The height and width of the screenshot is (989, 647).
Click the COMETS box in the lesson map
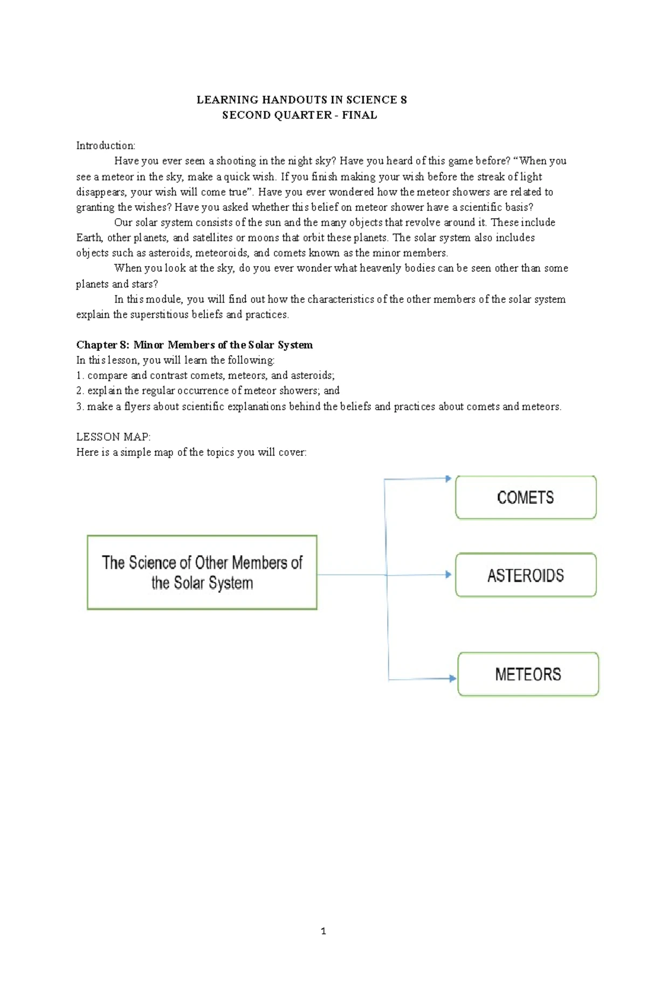click(x=526, y=497)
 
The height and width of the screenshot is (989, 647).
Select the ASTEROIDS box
click(x=526, y=575)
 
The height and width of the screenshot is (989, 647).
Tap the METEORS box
click(x=528, y=674)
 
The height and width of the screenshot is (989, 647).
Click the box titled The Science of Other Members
click(x=202, y=572)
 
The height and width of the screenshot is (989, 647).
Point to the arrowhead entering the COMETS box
click(x=448, y=478)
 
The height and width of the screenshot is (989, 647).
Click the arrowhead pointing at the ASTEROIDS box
click(x=448, y=575)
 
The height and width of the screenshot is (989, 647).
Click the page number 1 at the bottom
click(x=323, y=931)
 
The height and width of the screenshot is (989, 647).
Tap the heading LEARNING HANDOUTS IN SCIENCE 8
click(x=301, y=100)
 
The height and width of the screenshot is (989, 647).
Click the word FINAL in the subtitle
click(x=359, y=115)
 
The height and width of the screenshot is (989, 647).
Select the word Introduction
click(x=106, y=146)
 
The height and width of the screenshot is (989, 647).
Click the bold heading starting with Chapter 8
click(x=194, y=345)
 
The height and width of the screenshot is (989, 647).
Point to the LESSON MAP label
click(x=113, y=437)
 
